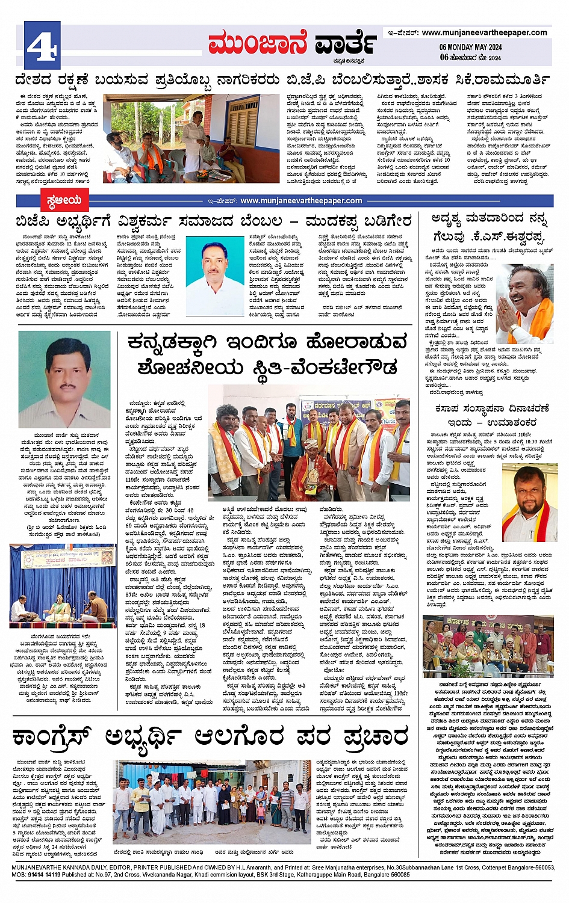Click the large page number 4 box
42,45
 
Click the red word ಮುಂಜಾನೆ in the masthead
257,44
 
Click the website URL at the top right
484,32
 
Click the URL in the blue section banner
301,200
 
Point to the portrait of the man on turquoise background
215,267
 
